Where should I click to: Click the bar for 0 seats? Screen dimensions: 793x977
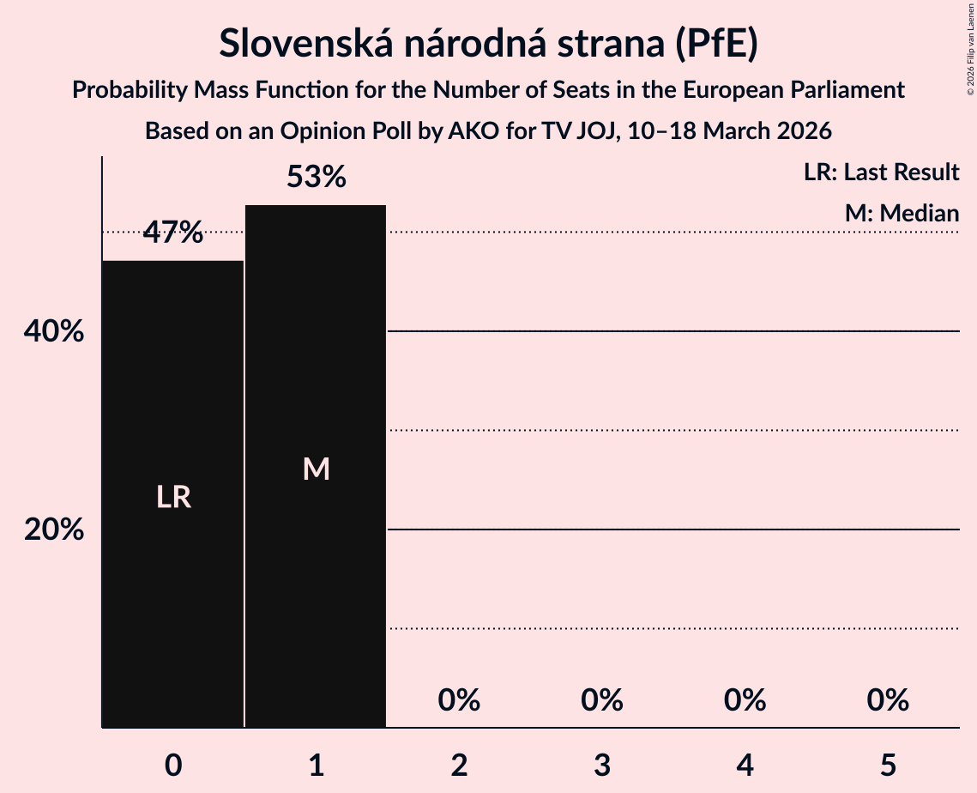[x=172, y=386]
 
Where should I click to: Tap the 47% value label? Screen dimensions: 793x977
[x=172, y=232]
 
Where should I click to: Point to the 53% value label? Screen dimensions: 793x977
[x=316, y=178]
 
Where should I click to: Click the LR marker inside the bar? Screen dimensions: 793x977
[x=172, y=497]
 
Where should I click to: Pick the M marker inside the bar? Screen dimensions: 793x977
[x=316, y=469]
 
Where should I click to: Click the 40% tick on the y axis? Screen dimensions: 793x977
[x=54, y=331]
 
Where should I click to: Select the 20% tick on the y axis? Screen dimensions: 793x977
[x=54, y=530]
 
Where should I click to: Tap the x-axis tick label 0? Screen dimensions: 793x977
[x=172, y=766]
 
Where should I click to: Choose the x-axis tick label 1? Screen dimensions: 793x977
[x=316, y=766]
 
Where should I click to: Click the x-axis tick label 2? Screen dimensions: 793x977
[x=459, y=766]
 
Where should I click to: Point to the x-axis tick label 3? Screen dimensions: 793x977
[x=601, y=766]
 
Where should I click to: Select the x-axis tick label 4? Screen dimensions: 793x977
[x=745, y=766]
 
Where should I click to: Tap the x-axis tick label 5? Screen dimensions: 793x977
[x=888, y=766]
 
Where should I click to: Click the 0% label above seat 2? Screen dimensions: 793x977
[x=459, y=700]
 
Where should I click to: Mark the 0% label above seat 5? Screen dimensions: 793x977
[x=888, y=700]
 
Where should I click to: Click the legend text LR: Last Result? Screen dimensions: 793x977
[x=881, y=173]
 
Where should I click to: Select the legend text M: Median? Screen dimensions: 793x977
[x=902, y=213]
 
